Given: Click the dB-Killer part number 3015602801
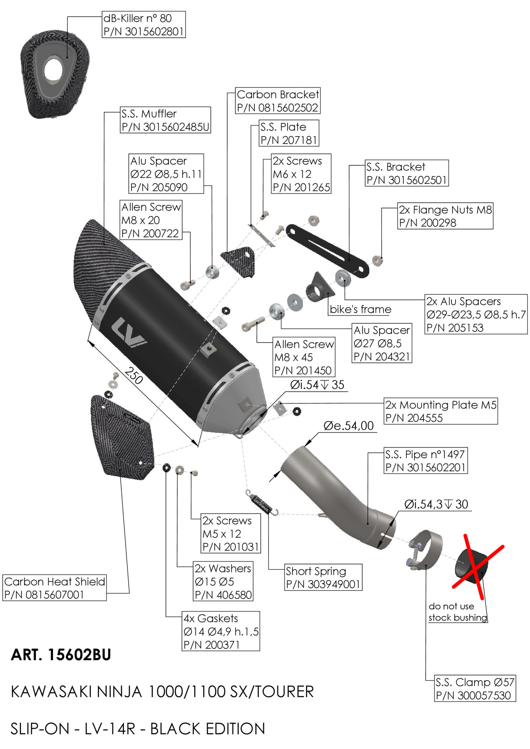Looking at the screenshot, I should (143, 31).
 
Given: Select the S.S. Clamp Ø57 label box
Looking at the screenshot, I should (475, 688).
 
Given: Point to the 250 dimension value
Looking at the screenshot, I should (134, 376).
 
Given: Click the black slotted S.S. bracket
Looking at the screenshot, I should (327, 251).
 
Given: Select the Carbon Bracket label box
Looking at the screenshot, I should (278, 101).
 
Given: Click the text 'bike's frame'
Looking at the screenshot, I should (360, 310).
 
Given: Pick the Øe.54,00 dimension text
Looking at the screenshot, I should (348, 426).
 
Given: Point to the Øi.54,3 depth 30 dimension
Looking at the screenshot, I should (436, 504).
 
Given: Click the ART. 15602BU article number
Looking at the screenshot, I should (61, 655).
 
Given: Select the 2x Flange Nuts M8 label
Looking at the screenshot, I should (445, 216).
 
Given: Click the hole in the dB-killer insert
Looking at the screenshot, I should (54, 70).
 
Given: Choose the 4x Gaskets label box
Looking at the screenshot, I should (221, 631).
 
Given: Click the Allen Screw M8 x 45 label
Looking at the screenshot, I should (304, 357).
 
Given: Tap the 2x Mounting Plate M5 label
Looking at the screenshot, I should (441, 411).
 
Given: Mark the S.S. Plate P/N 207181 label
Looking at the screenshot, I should (289, 133).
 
